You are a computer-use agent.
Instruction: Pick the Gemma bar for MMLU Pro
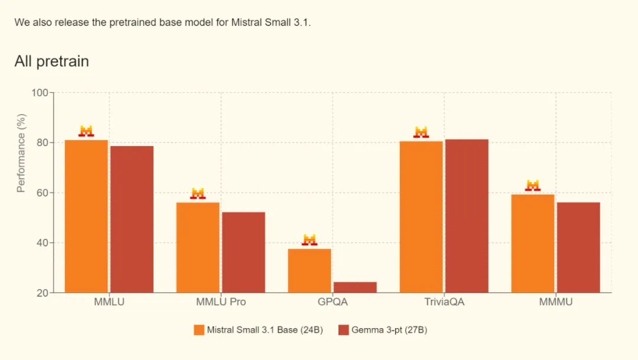pos(243,252)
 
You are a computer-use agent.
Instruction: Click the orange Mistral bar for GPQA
pos(310,270)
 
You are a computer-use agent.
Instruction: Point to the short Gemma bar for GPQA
pos(355,287)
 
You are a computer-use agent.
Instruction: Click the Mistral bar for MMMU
pos(533,243)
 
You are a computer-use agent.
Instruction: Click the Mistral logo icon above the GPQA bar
pos(310,240)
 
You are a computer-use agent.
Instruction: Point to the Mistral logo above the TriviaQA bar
pos(421,132)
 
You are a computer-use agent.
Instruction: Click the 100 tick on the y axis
pos(40,93)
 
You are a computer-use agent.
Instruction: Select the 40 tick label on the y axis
pos(42,243)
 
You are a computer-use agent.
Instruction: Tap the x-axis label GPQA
pos(333,302)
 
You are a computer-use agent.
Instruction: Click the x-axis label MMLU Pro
pos(221,302)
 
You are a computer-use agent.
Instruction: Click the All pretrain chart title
pos(51,61)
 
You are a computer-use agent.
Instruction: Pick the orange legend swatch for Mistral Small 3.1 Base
pos(198,330)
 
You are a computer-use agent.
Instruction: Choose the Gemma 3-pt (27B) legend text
pos(389,330)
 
